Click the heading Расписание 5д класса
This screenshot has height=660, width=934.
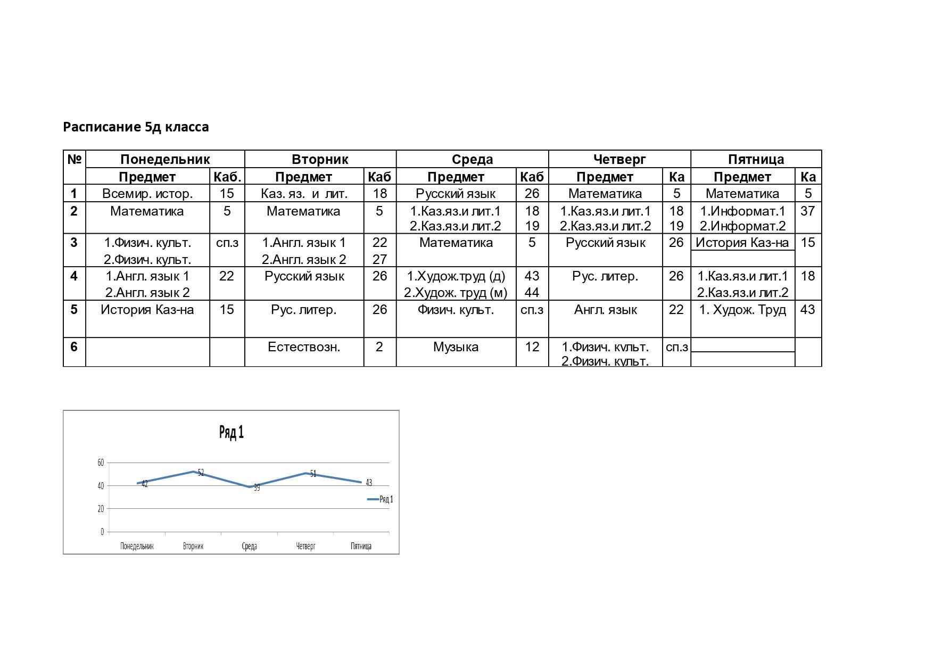pyautogui.click(x=136, y=127)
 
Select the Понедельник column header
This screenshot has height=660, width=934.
pyautogui.click(x=165, y=159)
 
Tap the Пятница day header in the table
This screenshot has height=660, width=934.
pyautogui.click(x=756, y=159)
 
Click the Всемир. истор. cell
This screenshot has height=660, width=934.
pyautogui.click(x=147, y=194)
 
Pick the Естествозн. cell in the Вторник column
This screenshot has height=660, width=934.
pyautogui.click(x=304, y=347)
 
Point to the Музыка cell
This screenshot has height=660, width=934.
pyautogui.click(x=456, y=347)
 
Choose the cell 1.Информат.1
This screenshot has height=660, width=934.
pyautogui.click(x=742, y=211)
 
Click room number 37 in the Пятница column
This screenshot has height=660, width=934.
pyautogui.click(x=807, y=211)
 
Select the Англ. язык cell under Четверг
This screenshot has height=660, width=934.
pyautogui.click(x=605, y=310)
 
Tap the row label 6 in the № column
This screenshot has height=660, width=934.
pyautogui.click(x=74, y=347)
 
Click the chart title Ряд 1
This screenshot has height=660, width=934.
pyautogui.click(x=232, y=432)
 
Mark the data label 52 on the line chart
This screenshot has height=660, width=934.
pyautogui.click(x=201, y=473)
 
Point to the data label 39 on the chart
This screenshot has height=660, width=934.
pyautogui.click(x=257, y=488)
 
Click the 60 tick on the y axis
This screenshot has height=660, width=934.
pyautogui.click(x=101, y=463)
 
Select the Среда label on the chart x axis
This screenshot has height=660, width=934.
pyautogui.click(x=249, y=546)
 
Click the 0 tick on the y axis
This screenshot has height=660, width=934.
pyautogui.click(x=102, y=532)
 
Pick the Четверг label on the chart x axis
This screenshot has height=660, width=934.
pyautogui.click(x=305, y=546)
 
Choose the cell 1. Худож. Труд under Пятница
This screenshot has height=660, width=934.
pyautogui.click(x=742, y=310)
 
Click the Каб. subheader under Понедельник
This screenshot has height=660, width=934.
pyautogui.click(x=227, y=177)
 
